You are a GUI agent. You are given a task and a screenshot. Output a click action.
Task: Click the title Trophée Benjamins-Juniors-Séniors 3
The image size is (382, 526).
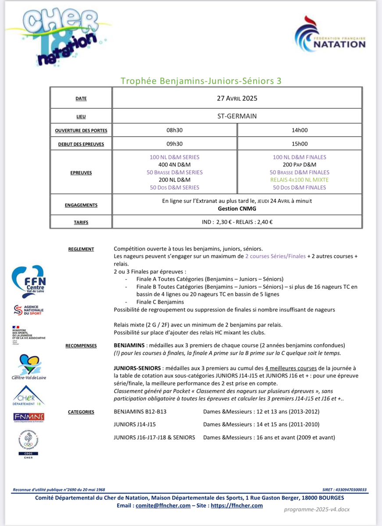pos(201,81)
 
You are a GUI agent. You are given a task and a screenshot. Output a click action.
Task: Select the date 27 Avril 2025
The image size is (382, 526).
pos(237,98)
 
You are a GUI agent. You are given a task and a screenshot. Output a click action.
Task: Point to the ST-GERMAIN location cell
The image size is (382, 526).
pos(237,116)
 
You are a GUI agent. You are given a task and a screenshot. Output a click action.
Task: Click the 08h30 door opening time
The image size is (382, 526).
pos(175,130)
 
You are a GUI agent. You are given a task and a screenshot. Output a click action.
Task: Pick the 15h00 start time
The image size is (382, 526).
pos(300,144)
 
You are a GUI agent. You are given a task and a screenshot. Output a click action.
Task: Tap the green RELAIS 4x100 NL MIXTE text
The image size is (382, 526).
pos(300,180)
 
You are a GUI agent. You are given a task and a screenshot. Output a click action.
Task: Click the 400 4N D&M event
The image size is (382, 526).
pos(175,164)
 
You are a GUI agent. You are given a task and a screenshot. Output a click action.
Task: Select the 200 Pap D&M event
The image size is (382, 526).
pos(300,164)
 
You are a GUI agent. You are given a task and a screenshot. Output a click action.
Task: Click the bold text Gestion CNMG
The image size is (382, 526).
pos(237,209)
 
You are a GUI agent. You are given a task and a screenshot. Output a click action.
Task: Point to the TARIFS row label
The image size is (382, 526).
pos(81,222)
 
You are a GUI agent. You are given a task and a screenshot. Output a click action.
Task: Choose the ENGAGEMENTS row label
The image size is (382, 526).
pos(81,205)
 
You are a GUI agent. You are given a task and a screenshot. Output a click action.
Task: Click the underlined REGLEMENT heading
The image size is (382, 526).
pos(81,249)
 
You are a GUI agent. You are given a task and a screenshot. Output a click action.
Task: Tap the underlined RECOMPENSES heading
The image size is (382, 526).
pos(81,345)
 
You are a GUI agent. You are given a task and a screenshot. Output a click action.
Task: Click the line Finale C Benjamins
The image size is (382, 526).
pos(154,302)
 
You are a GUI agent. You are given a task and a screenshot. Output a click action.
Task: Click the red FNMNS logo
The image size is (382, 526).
pos(29,417)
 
